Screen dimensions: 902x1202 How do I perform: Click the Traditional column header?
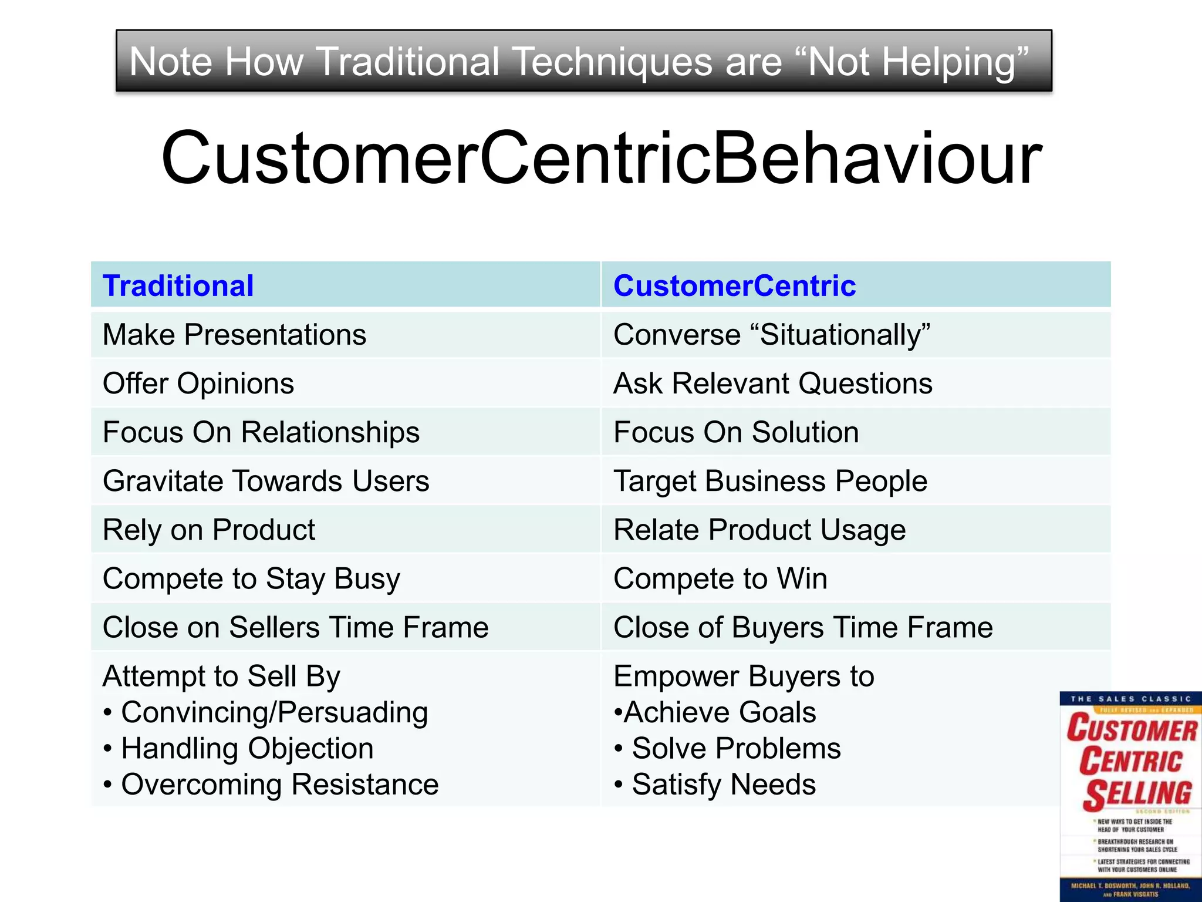(x=178, y=286)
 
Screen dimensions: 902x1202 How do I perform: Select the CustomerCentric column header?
(x=734, y=286)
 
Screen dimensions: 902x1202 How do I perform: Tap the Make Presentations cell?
(x=234, y=335)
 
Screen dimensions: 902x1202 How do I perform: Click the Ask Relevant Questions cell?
(x=772, y=383)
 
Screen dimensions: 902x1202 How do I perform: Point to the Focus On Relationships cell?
(x=261, y=432)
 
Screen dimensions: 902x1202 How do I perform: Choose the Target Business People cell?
(x=770, y=481)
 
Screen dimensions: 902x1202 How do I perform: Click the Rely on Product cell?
(x=208, y=530)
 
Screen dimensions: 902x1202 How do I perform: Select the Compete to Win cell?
(x=720, y=578)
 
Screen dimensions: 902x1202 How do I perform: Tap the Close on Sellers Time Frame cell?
(x=295, y=627)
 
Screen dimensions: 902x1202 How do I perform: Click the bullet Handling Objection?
(x=247, y=749)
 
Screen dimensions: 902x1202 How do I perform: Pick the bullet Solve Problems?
(x=736, y=749)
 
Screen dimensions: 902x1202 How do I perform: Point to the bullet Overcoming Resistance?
(x=279, y=785)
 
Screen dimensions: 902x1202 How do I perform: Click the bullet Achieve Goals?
(x=720, y=712)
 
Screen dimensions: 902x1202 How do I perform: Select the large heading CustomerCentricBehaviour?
(x=601, y=159)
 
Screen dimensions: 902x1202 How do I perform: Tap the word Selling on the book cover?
(x=1137, y=793)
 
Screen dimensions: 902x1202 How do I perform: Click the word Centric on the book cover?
(x=1131, y=761)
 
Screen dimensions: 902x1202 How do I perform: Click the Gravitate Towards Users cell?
(x=265, y=481)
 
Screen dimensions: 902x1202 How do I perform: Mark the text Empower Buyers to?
(x=744, y=676)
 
